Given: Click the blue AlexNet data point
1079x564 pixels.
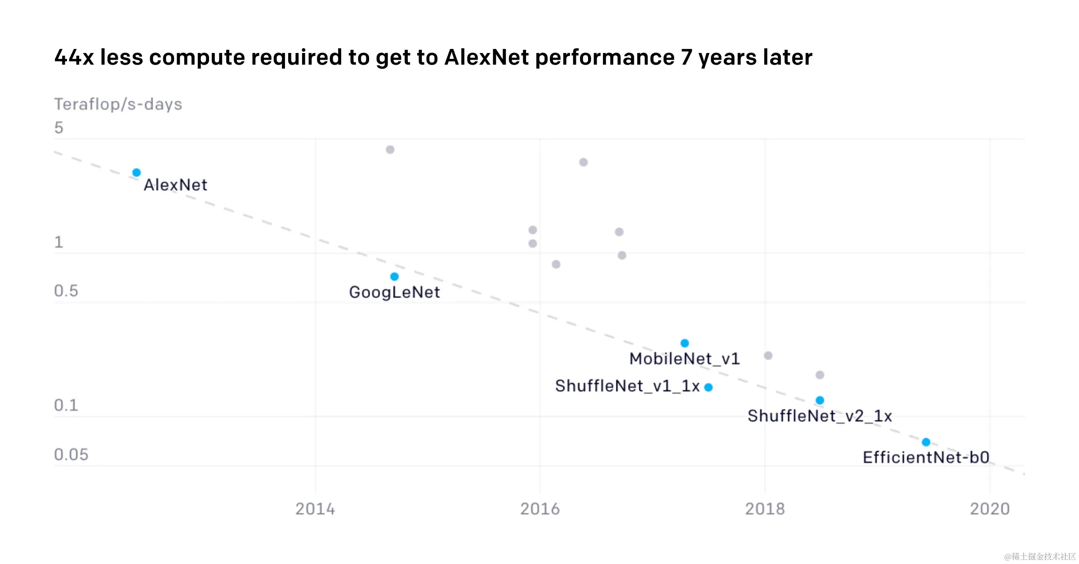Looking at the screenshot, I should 137,172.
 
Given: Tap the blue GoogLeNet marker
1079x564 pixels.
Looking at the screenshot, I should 394,277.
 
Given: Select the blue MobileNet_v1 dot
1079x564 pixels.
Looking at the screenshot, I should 685,343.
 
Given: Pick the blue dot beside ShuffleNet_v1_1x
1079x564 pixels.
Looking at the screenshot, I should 709,387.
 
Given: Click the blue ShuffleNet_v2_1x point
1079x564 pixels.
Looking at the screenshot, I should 820,400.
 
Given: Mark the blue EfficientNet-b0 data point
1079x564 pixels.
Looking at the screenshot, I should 926,442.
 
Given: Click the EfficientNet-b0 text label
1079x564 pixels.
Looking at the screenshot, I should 926,458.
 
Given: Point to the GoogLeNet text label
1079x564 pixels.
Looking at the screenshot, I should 394,292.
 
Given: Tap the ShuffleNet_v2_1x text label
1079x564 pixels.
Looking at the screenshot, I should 820,416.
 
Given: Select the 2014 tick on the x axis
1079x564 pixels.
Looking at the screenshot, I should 315,509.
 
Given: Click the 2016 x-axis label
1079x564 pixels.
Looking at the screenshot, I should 540,509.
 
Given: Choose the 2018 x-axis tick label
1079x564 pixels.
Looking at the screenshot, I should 765,509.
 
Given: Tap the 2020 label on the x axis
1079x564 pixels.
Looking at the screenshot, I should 990,509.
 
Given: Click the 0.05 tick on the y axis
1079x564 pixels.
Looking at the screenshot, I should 71,454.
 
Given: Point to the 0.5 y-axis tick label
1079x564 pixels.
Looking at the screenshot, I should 66,291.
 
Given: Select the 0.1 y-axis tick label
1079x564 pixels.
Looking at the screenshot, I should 66,405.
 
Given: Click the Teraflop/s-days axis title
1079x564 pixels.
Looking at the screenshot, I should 118,104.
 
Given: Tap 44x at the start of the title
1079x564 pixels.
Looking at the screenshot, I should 74,57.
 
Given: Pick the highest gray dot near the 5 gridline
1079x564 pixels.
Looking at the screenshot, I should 390,150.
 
